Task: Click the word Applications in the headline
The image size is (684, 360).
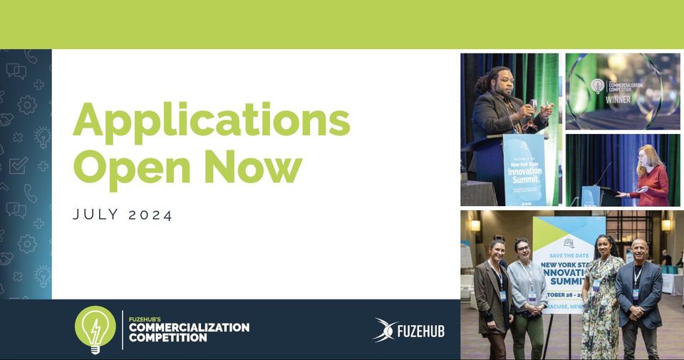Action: pos(211,121)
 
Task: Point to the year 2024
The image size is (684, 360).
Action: pos(150,215)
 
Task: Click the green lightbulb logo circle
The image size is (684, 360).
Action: pos(95,329)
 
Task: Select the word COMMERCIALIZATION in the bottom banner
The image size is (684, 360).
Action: pos(189,327)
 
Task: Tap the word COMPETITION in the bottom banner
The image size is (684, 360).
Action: pos(167,337)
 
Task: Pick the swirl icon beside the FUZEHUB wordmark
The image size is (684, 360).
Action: pos(385,330)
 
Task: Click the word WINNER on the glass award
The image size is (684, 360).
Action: pos(618,101)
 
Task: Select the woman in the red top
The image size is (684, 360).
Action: pos(652,178)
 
